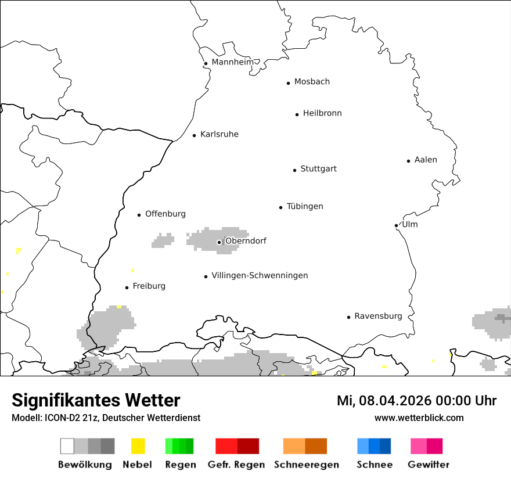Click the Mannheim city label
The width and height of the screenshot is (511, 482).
(x=232, y=62)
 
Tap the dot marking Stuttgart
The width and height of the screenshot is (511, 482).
(x=294, y=170)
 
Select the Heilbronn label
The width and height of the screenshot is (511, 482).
(x=322, y=113)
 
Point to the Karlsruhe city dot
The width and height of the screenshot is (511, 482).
(x=195, y=135)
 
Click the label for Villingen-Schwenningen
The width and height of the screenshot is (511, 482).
(x=260, y=275)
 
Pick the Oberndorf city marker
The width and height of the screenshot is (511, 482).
(x=219, y=242)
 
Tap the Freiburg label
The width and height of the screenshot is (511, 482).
(x=149, y=286)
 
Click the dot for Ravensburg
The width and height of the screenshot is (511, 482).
(x=348, y=317)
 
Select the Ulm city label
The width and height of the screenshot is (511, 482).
(x=410, y=224)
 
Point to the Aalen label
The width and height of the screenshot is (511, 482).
(x=426, y=160)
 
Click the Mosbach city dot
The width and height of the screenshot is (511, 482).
(x=288, y=83)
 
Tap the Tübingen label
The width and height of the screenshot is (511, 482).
(x=305, y=206)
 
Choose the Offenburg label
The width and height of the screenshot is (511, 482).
(x=165, y=214)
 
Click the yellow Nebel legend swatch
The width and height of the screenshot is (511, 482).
(x=138, y=446)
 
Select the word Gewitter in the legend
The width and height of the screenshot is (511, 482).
(x=429, y=465)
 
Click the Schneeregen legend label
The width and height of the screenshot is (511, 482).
(x=307, y=465)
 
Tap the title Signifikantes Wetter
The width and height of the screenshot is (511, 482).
(x=96, y=400)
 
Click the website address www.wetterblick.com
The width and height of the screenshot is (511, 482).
(x=419, y=418)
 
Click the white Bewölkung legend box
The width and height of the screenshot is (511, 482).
(x=67, y=446)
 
